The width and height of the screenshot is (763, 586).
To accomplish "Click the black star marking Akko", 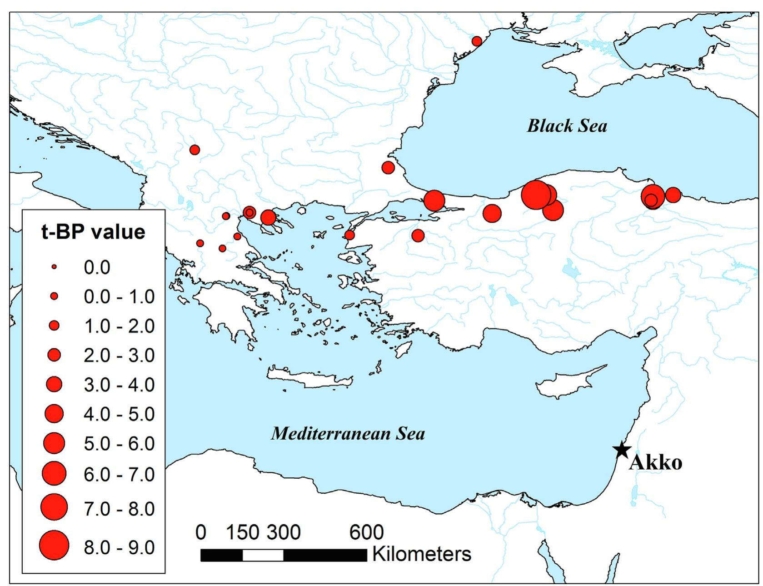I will click(x=621, y=450).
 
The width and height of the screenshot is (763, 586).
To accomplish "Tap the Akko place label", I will click(x=656, y=463).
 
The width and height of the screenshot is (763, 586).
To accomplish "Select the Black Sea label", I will click(x=567, y=126).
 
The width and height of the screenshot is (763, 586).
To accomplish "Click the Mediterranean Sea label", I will click(x=348, y=433).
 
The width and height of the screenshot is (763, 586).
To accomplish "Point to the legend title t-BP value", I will click(x=93, y=232).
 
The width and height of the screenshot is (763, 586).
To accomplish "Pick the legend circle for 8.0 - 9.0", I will click(x=54, y=545).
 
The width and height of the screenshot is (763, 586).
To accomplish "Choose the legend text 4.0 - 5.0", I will click(x=119, y=414).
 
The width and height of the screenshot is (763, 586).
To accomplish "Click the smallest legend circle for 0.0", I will click(x=54, y=267).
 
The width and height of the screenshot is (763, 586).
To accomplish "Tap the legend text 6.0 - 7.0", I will click(x=119, y=474).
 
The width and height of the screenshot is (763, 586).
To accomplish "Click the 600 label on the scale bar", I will click(x=366, y=532).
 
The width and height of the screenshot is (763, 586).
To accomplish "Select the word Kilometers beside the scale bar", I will click(x=422, y=554).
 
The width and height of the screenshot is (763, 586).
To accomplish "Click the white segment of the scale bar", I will click(x=263, y=555).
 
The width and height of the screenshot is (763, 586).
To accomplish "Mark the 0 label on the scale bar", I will click(x=200, y=532).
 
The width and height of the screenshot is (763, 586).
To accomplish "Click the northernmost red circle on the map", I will click(x=477, y=41).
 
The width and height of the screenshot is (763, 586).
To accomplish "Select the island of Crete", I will click(x=309, y=378).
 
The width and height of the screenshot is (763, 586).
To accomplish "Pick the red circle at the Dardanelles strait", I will click(x=349, y=235).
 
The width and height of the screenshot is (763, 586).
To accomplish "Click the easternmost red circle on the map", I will click(x=673, y=195).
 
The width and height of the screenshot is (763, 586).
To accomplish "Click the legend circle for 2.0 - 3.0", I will click(x=54, y=355).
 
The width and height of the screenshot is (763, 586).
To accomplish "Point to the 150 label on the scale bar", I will click(x=242, y=532).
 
